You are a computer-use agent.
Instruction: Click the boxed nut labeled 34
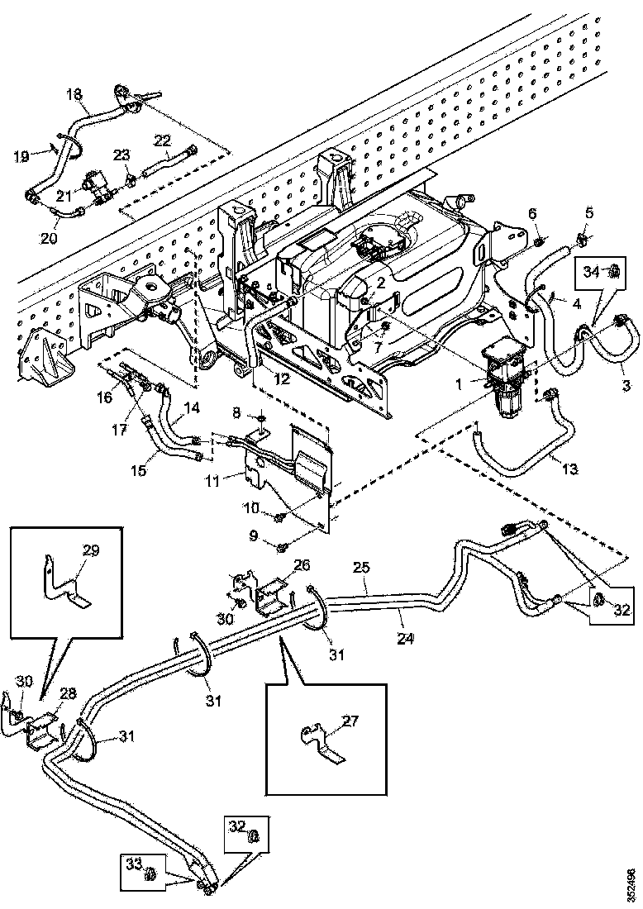click(614, 270)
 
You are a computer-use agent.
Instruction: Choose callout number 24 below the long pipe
click(402, 637)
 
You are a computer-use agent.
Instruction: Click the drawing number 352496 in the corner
click(632, 883)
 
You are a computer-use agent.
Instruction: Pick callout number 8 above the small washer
click(236, 411)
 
